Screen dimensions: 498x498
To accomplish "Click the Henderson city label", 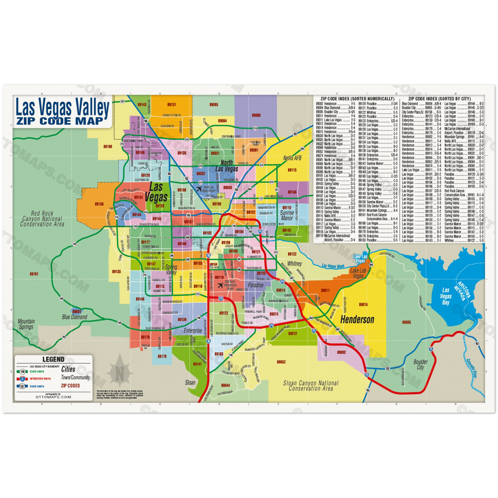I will pyautogui.click(x=357, y=319).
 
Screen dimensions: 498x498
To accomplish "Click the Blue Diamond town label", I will pyautogui.click(x=74, y=317).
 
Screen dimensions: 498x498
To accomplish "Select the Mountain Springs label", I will pyautogui.click(x=26, y=324).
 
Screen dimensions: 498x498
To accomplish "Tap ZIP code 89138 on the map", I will pyautogui.click(x=99, y=204).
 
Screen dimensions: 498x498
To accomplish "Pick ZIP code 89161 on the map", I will pyautogui.click(x=34, y=274).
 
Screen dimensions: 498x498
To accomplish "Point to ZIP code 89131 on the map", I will pyautogui.click(x=171, y=105).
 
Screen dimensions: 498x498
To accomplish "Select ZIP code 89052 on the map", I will pyautogui.click(x=281, y=362).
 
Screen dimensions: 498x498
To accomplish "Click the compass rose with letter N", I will pyautogui.click(x=120, y=373).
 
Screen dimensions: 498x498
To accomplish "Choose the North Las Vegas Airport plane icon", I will pyautogui.click(x=198, y=189).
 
